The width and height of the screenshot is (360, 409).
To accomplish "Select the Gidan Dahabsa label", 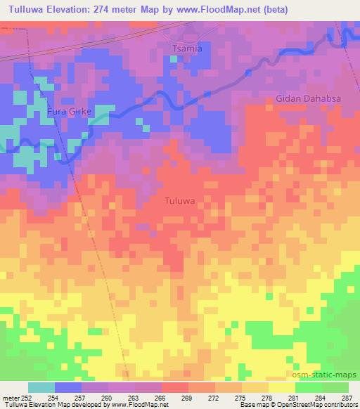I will pyautogui.click(x=308, y=99).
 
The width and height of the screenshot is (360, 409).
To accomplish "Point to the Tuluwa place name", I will pyautogui.click(x=180, y=200).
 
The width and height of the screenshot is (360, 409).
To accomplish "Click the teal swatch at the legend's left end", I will pyautogui.click(x=41, y=387).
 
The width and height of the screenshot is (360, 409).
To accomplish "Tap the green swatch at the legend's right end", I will pyautogui.click(x=335, y=387).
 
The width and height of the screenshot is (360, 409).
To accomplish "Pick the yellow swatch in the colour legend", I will pyautogui.click(x=281, y=387).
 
